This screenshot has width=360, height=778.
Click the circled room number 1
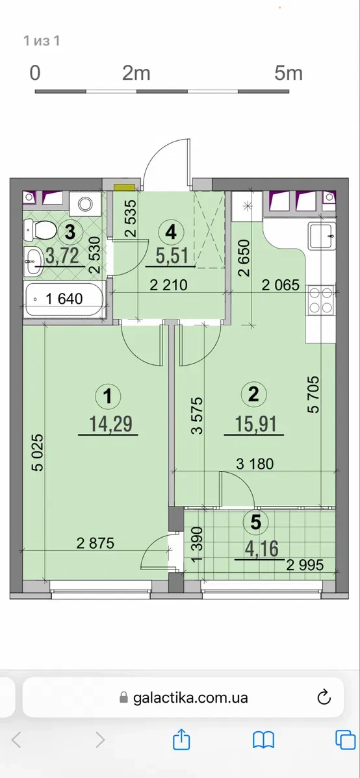tap(108, 396)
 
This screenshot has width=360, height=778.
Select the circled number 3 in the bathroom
tap(70, 231)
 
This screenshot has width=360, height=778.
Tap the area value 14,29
tap(108, 424)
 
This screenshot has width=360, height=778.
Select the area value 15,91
tap(254, 424)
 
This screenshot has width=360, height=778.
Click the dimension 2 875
tap(96, 544)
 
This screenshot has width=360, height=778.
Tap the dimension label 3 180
tap(255, 464)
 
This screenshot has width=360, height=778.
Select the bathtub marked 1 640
tap(64, 299)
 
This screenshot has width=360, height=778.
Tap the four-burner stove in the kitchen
tap(321, 301)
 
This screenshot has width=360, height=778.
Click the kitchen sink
tap(322, 236)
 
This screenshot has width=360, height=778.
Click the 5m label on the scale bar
tap(288, 73)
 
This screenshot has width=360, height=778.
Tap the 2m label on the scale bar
tap(136, 73)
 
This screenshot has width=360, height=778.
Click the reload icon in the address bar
tap(324, 697)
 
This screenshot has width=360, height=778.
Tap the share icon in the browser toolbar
tap(182, 739)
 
